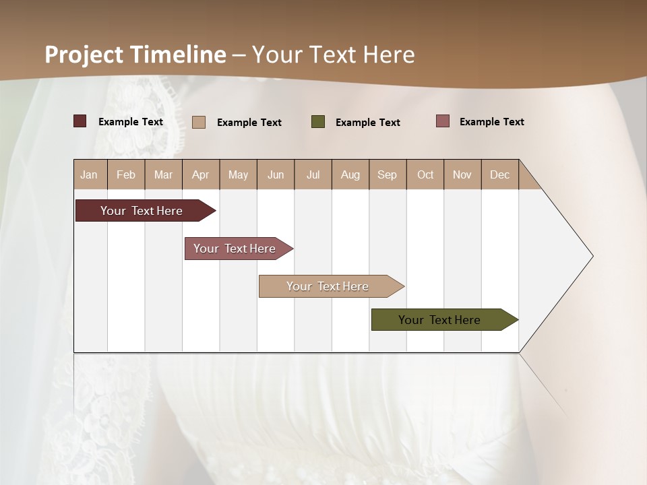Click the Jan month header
[x=89, y=174]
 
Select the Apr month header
[x=200, y=174]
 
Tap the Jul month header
[x=313, y=174]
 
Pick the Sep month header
[x=387, y=174]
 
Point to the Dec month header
[x=499, y=174]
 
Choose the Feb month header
[x=126, y=174]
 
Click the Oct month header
[x=425, y=174]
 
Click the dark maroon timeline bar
[x=142, y=211]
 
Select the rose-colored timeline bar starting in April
[x=235, y=249]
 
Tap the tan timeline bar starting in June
[x=328, y=286]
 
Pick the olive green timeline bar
[x=439, y=320]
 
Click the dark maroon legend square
[x=80, y=121]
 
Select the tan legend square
[x=199, y=122]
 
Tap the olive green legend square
[x=318, y=122]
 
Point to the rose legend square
[x=443, y=121]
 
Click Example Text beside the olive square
[x=367, y=123]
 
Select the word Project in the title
[x=84, y=55]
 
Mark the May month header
[x=238, y=174]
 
